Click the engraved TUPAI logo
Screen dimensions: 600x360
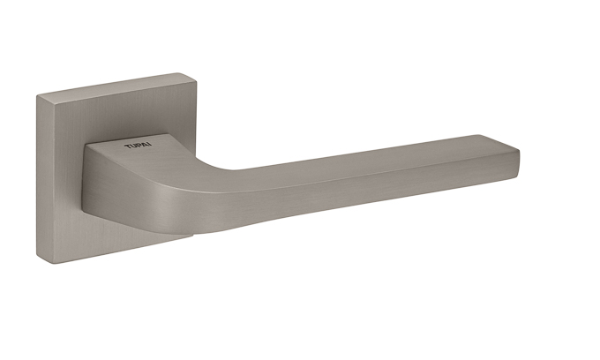pyautogui.click(x=138, y=146)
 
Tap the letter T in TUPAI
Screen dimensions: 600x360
pyautogui.click(x=127, y=146)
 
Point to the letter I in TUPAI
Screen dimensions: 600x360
pyautogui.click(x=150, y=145)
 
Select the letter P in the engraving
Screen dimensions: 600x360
pyautogui.click(x=139, y=146)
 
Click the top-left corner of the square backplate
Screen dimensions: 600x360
pyautogui.click(x=37, y=96)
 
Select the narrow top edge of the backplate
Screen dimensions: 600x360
pyautogui.click(x=115, y=85)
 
